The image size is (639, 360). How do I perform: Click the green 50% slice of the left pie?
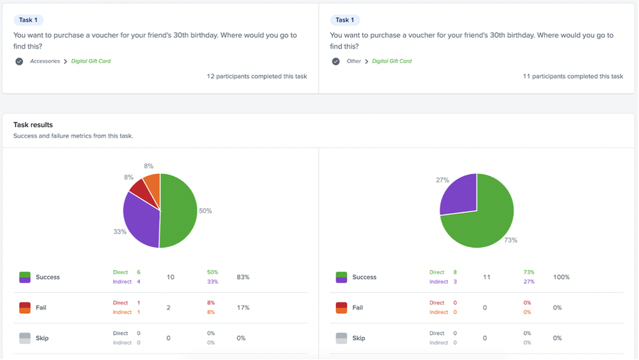point(179,211)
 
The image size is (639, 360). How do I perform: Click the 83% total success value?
point(243,278)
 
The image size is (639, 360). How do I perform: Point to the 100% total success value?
point(561,278)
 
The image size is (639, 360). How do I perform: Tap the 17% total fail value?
point(243,308)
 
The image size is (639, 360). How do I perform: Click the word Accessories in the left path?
point(45,61)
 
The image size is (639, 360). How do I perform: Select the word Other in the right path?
point(354,61)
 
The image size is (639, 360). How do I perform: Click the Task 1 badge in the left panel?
point(28,20)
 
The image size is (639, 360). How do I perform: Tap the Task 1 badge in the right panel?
point(345,20)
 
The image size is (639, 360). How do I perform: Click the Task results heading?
point(33,125)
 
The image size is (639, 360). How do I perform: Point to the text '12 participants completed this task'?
point(257,77)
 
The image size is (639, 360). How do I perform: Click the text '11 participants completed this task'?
point(573,77)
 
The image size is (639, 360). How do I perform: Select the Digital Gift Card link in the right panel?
point(392,61)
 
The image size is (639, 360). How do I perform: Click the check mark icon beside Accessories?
point(19,61)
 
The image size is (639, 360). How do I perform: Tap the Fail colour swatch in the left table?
point(25,308)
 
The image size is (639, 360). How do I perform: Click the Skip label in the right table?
point(358,338)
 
